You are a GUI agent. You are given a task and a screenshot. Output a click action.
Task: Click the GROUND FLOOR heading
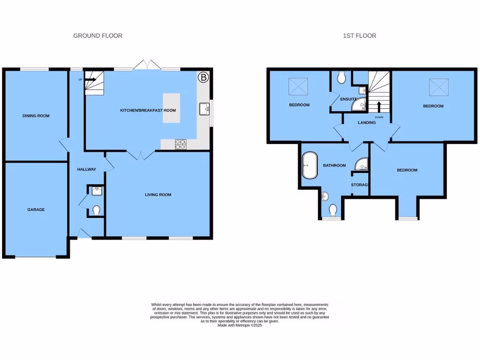pos(97,36)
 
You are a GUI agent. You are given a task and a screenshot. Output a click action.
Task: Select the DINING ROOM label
pos(36,116)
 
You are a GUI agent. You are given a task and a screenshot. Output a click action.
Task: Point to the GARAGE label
pos(36,210)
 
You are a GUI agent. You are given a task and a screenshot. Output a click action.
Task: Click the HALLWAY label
pos(87,169)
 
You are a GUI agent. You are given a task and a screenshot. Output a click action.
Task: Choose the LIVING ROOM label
pos(158,195)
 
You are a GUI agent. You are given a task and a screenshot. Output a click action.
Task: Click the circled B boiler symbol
pos(203,77)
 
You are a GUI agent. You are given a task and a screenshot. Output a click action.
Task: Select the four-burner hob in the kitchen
pos(181,144)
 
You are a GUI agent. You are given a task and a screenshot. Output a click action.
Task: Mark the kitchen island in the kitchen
pos(171,108)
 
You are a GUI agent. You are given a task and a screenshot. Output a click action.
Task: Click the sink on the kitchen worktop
pos(204,109)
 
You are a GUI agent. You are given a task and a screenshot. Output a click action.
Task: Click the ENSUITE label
pos(349,99)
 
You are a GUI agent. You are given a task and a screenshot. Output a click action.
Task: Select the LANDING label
pos(367,123)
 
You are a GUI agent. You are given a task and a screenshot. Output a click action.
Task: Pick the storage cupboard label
pos(360,185)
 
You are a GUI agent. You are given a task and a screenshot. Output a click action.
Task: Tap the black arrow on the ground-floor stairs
pos(90,80)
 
